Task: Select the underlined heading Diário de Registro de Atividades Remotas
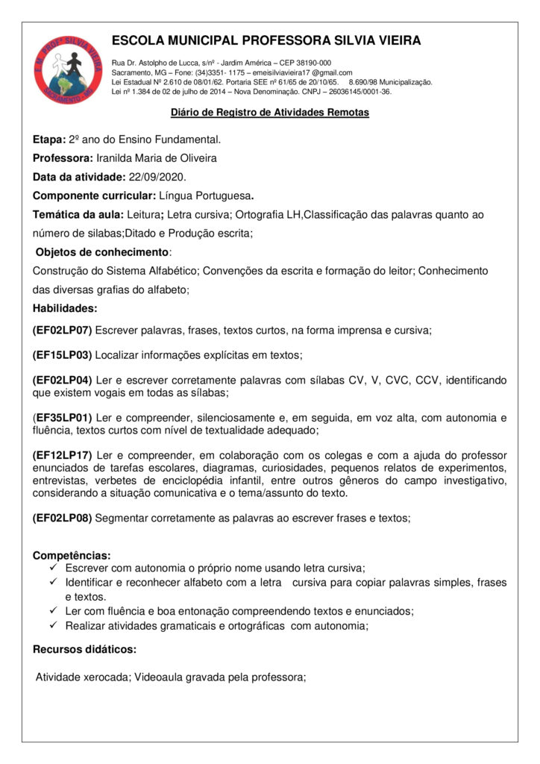click(270, 113)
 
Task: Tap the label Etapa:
click(49, 140)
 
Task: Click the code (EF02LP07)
click(63, 329)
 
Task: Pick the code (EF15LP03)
click(63, 354)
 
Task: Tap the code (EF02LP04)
click(63, 381)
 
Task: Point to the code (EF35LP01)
click(63, 416)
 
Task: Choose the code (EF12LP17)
click(63, 455)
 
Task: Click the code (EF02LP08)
click(63, 517)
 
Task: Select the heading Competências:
click(72, 555)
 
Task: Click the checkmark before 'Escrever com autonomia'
click(52, 568)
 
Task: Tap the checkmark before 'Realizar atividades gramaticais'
click(52, 625)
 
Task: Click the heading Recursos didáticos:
click(85, 649)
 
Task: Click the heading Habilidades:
click(65, 307)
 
